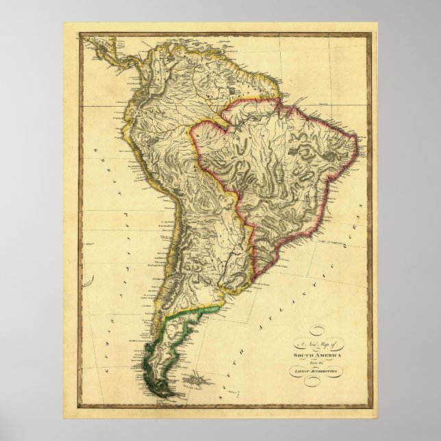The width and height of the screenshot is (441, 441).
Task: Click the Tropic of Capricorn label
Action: (x=328, y=242)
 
